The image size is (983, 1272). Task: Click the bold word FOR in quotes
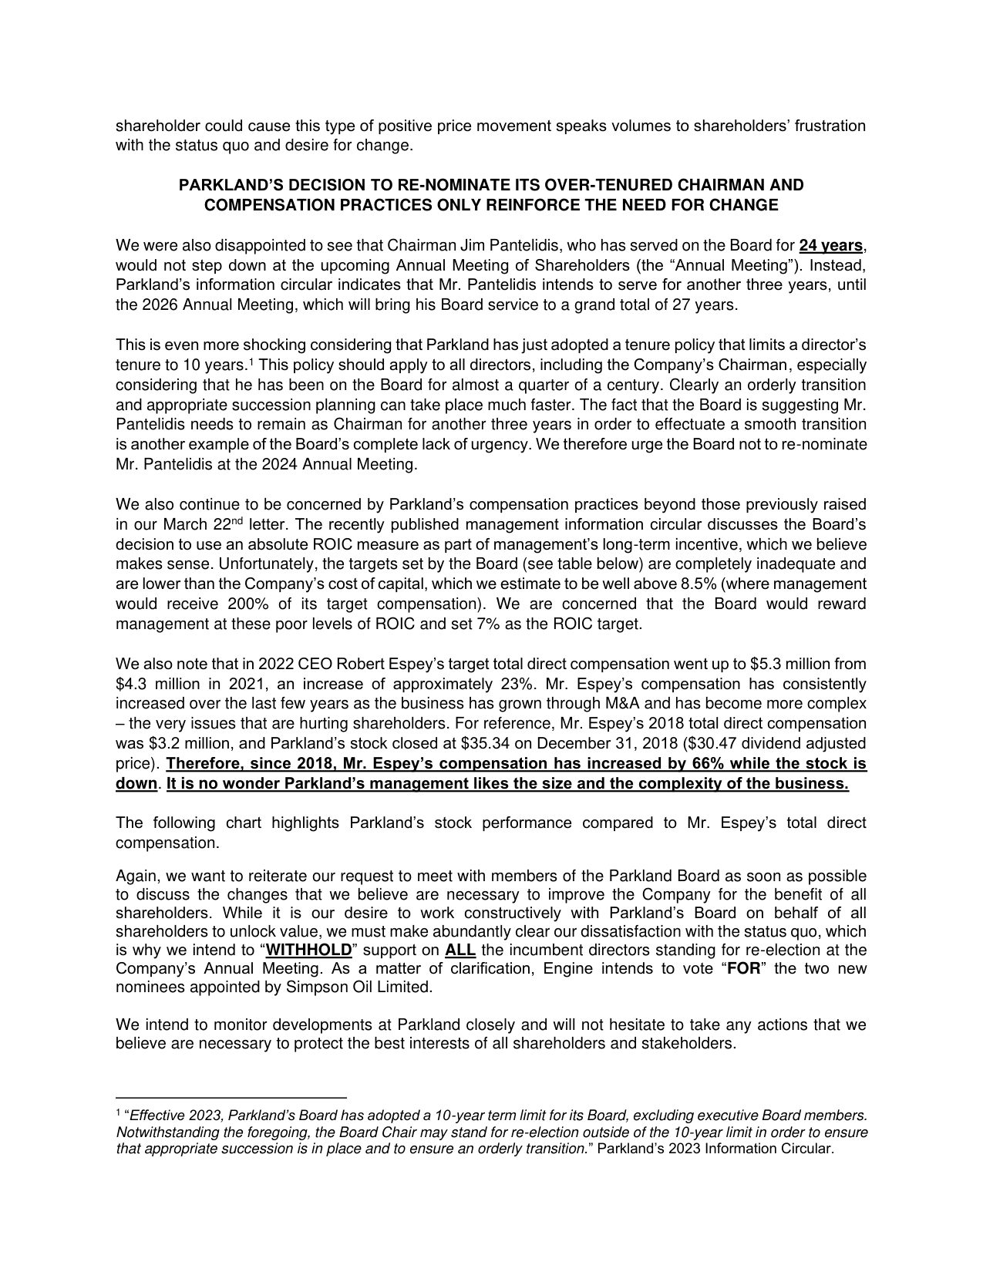tap(744, 969)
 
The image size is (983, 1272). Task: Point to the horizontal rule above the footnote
tap(231, 1097)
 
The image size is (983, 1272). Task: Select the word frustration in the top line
tap(831, 126)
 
